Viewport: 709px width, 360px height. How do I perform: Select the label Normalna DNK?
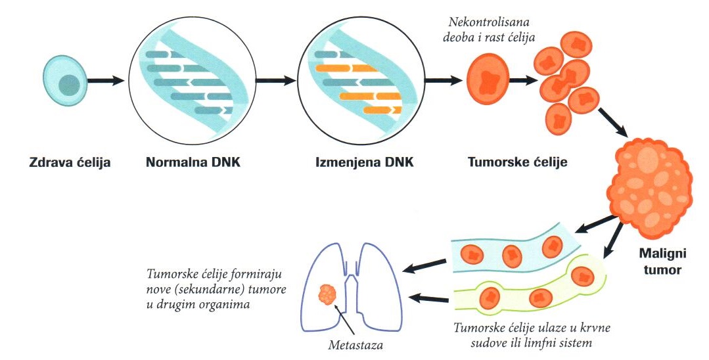point(193,161)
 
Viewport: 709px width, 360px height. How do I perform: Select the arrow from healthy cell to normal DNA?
point(106,81)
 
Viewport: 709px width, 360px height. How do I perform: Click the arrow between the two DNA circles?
point(275,81)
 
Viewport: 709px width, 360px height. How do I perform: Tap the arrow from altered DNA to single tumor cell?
point(443,81)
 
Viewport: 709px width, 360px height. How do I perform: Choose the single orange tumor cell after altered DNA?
point(488,81)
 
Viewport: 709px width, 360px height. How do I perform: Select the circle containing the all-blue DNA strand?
point(191,81)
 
